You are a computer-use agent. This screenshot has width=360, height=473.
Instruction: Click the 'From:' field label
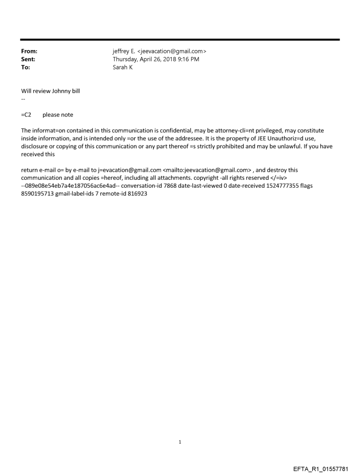point(29,52)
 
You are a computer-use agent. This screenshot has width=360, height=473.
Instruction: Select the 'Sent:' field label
point(28,60)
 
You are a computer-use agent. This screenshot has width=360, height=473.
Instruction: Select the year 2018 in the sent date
point(166,60)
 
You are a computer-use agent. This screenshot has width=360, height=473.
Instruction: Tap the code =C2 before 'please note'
point(26,115)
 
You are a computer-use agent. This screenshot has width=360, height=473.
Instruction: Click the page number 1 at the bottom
point(180,442)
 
